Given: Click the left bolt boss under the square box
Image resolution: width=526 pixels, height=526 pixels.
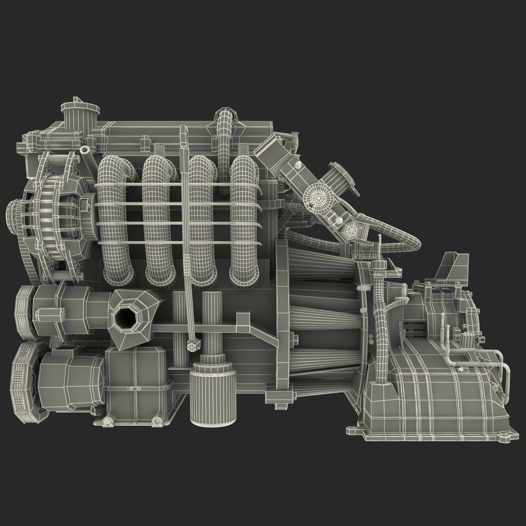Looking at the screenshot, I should [107, 421].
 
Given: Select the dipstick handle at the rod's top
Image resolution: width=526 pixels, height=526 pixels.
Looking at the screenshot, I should [184, 131].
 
